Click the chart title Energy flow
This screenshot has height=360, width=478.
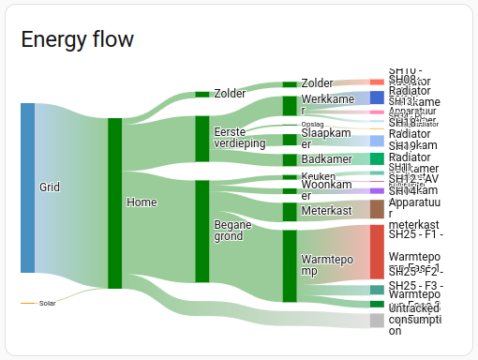pyautogui.click(x=77, y=39)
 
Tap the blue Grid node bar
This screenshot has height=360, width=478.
pyautogui.click(x=27, y=187)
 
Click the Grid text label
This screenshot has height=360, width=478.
pyautogui.click(x=50, y=187)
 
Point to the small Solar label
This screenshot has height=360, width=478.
pyautogui.click(x=48, y=304)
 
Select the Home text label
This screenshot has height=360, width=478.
pyautogui.click(x=141, y=202)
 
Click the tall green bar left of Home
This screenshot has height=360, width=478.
pyautogui.click(x=114, y=202)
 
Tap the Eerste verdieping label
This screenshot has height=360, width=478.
pyautogui.click(x=239, y=138)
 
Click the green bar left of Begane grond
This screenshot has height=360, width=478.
pyautogui.click(x=202, y=231)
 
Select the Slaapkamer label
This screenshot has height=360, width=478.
pyautogui.click(x=325, y=139)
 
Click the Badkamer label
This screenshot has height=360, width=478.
pyautogui.click(x=326, y=160)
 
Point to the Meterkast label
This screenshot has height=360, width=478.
pyautogui.click(x=326, y=211)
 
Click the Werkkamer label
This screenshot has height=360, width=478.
pyautogui.click(x=328, y=104)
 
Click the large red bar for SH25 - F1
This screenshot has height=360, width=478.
pyautogui.click(x=377, y=251)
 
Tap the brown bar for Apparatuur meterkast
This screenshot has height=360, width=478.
pyautogui.click(x=377, y=209)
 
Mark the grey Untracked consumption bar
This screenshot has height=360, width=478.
pyautogui.click(x=377, y=321)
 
